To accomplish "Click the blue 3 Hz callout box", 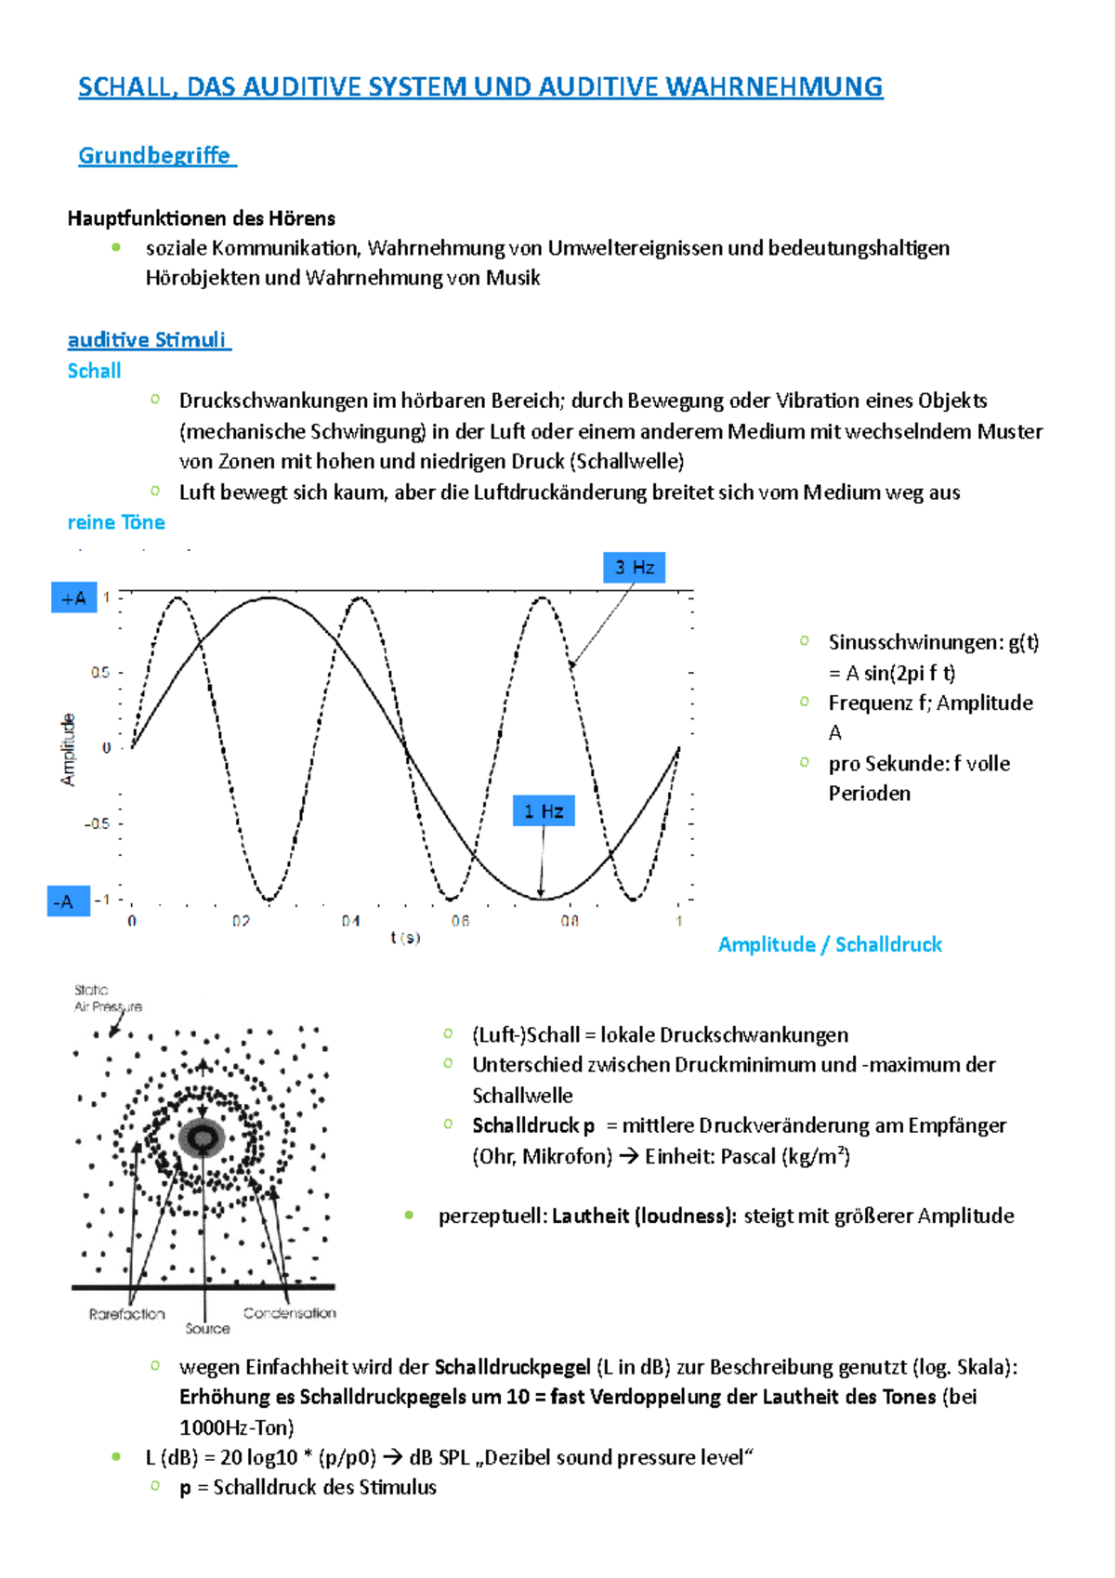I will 635,567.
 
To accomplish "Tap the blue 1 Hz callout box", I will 544,810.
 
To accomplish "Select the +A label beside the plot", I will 73,598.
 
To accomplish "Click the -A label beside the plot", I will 67,901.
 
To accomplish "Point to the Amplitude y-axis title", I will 68,749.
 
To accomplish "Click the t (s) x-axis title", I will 405,938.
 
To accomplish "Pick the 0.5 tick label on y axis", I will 100,672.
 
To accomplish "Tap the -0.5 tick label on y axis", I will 98,823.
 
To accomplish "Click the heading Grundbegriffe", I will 154,155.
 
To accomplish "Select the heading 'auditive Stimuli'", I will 147,340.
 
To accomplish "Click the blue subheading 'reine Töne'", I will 116,522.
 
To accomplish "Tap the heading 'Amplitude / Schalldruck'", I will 830,944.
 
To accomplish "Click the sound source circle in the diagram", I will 202,1137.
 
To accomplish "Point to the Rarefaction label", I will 127,1314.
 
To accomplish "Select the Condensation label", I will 289,1313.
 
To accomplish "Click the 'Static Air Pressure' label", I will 107,998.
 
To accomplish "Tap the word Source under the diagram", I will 207,1329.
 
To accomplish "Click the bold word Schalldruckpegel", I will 512,1367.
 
